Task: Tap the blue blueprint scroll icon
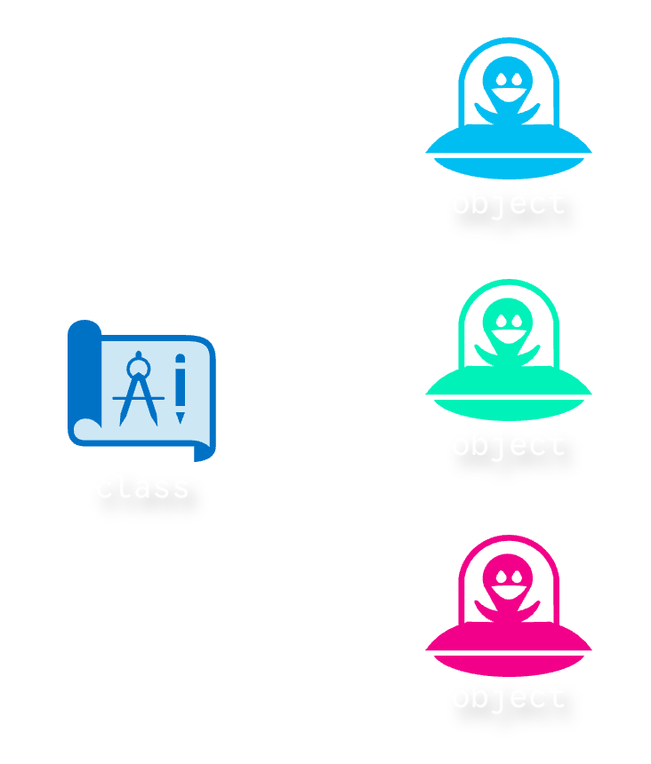pyautogui.click(x=142, y=391)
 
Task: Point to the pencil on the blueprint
pyautogui.click(x=181, y=388)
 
